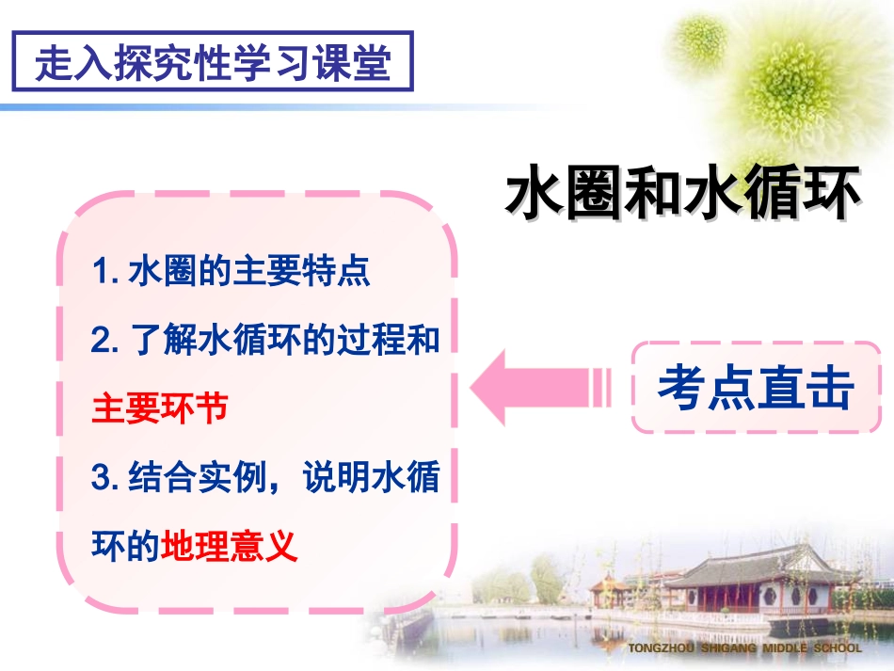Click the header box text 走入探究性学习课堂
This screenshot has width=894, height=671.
212,62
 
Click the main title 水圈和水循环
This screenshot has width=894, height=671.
683,195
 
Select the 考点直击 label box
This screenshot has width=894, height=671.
755,388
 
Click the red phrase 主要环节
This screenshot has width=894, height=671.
159,408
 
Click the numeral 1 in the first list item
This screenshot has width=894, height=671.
100,272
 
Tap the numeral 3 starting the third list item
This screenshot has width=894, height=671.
101,478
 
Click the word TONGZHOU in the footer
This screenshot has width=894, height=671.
662,648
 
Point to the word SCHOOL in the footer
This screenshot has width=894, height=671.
837,648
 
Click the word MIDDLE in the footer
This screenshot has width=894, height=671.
785,648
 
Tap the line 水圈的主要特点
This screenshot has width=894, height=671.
248,272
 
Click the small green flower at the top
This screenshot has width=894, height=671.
700,38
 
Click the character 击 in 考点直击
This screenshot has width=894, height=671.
829,388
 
